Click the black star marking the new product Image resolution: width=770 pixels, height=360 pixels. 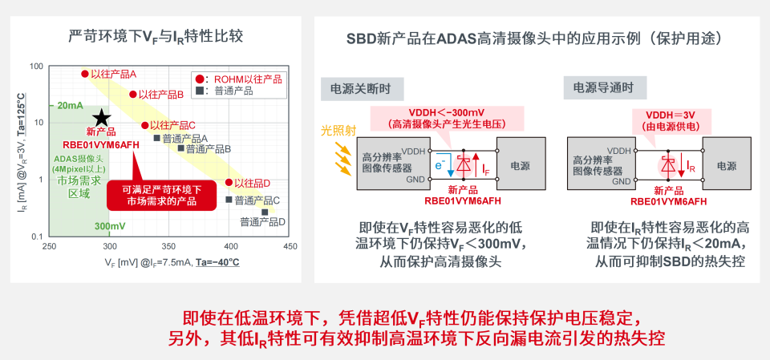(102, 118)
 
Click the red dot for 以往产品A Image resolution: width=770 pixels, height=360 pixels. (85, 74)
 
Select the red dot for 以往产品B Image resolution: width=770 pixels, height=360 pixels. (132, 95)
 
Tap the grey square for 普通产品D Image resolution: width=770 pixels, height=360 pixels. (265, 212)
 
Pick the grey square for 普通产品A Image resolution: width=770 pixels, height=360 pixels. (157, 138)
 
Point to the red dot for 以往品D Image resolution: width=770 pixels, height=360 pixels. (229, 182)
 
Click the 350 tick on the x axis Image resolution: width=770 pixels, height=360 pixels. (169, 245)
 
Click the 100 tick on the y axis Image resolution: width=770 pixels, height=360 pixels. (38, 67)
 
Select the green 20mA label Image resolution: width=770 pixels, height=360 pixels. (70, 106)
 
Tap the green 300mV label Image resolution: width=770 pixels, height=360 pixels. (111, 226)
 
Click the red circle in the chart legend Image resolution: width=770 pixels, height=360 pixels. (200, 79)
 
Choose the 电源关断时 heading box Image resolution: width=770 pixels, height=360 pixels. (362, 89)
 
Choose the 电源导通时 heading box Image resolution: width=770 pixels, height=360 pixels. (605, 88)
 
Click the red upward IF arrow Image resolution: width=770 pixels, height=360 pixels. (476, 164)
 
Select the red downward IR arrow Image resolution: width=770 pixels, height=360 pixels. (682, 165)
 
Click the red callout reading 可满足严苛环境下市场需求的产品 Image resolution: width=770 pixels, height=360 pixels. (161, 195)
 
